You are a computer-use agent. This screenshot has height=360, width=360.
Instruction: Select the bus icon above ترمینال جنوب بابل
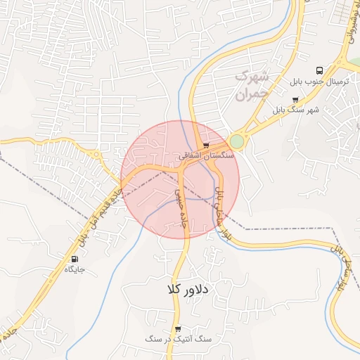point(320,71)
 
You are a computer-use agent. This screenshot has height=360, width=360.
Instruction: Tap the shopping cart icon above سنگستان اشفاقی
point(205,145)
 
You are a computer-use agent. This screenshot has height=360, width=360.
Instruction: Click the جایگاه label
point(75,269)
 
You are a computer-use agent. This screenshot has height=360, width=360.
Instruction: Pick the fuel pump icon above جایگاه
point(75,258)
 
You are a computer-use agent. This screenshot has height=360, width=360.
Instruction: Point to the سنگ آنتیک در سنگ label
point(178,340)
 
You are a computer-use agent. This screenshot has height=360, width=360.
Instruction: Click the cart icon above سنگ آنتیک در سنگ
point(178,328)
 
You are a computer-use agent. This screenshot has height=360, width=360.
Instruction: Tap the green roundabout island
point(237,141)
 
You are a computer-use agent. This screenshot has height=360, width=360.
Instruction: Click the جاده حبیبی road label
point(181,207)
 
